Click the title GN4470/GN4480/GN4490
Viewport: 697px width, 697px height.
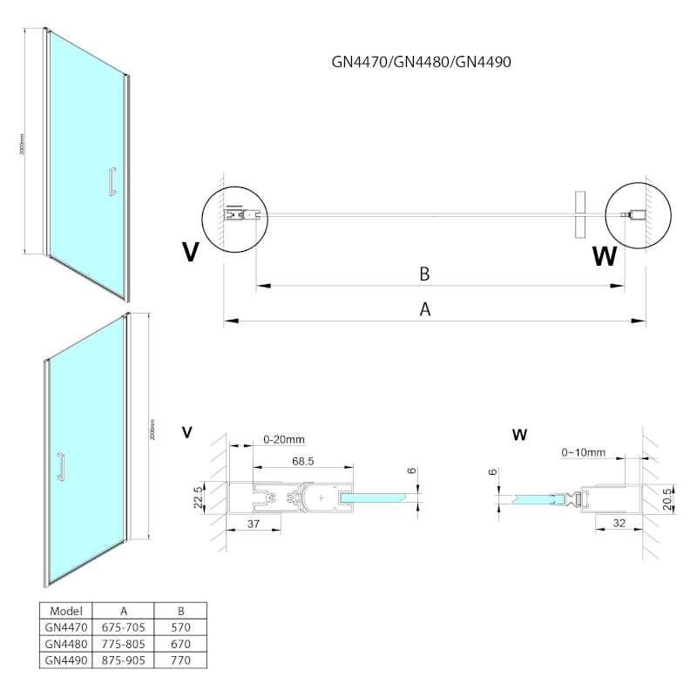426,62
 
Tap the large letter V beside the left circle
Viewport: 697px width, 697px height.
191,252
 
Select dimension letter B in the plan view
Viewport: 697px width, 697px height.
424,274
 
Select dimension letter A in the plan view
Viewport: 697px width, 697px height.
426,309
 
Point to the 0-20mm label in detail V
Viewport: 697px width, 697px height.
284,440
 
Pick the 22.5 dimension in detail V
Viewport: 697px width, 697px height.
199,500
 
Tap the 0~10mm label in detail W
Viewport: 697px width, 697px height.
584,453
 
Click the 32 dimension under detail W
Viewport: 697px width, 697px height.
619,523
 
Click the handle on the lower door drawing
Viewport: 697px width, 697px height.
61,466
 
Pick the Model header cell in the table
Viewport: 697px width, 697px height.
67,611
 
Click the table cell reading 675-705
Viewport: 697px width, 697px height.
123,627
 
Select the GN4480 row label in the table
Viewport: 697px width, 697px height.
67,644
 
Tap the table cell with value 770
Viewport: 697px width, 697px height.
181,661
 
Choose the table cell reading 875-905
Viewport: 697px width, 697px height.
123,661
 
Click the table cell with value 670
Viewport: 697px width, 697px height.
181,644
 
